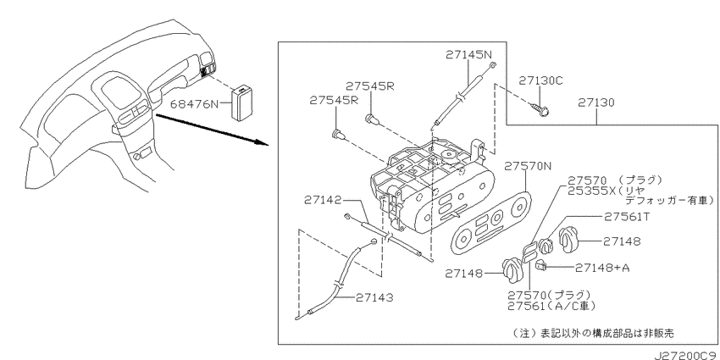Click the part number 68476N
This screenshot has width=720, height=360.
(195, 105)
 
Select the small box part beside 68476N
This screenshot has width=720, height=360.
(243, 103)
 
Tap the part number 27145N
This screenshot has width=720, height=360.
(469, 55)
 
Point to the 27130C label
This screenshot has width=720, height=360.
(541, 81)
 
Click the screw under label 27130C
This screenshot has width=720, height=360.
(541, 108)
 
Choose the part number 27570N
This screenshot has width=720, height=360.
(528, 166)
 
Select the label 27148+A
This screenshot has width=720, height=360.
(602, 268)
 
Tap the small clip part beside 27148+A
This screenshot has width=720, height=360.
(541, 264)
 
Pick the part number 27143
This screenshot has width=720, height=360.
(374, 298)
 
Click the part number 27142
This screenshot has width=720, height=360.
(323, 200)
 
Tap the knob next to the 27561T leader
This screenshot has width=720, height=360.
(546, 246)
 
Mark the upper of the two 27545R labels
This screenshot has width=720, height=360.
(369, 86)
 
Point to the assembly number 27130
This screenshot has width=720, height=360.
(596, 102)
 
